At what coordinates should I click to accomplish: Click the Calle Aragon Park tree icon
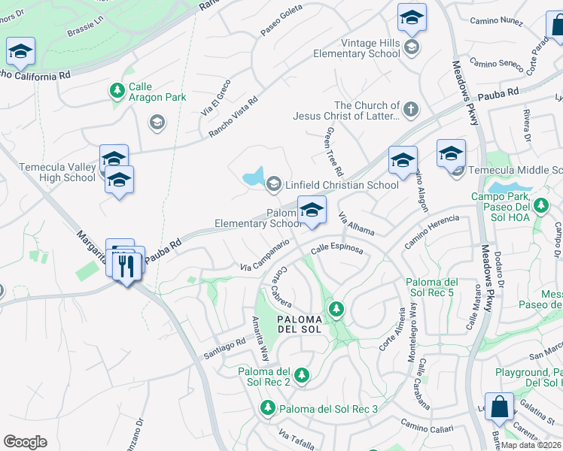pyautogui.click(x=117, y=91)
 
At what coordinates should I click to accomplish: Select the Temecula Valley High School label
pyautogui.click(x=47, y=172)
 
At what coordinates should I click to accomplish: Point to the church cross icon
pyautogui.click(x=410, y=110)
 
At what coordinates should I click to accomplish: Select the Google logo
pyautogui.click(x=25, y=442)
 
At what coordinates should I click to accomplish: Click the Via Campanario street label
pyautogui.click(x=265, y=256)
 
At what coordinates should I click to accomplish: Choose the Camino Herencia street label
pyautogui.click(x=431, y=231)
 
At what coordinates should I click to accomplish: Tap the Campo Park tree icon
pyautogui.click(x=540, y=204)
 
